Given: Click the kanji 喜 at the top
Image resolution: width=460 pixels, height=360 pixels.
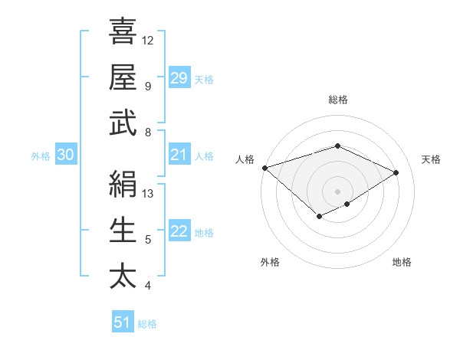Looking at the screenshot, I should pos(123,33).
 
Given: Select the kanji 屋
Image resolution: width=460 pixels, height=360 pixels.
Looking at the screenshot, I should pos(123,77).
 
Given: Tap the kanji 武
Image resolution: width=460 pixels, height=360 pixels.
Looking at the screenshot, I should pos(123,123).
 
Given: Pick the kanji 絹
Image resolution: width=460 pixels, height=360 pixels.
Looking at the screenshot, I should pos(123,185).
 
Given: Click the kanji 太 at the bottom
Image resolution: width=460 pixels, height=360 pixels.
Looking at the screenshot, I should pos(123,277).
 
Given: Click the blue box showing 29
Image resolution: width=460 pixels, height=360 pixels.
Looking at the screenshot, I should pos(179,77).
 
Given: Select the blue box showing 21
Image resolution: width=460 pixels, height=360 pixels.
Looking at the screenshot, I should pos(179,155).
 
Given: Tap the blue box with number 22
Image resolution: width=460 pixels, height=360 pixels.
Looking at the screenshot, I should pos(179,231).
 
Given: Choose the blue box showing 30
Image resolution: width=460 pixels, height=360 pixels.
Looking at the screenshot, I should pos(65,155).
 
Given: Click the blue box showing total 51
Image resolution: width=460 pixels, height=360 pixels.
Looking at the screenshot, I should pos(122,322).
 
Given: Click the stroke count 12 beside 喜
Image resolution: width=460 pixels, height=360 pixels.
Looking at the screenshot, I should pos(148,40).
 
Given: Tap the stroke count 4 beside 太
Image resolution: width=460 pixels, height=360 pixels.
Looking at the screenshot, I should pos(148,286).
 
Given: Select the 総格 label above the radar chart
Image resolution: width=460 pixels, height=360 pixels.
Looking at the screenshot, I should pos(337,100).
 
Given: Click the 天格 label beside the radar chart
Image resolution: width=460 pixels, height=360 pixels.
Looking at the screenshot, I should pos(431,159).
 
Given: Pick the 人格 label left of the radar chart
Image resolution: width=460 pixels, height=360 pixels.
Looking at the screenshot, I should pos(245,159).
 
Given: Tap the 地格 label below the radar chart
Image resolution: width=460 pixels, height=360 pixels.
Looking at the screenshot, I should pos(402,262).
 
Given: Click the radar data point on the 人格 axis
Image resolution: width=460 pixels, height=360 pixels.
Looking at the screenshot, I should pos(264,167).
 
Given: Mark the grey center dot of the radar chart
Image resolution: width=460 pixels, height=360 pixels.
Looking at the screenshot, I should pos(337,191).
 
